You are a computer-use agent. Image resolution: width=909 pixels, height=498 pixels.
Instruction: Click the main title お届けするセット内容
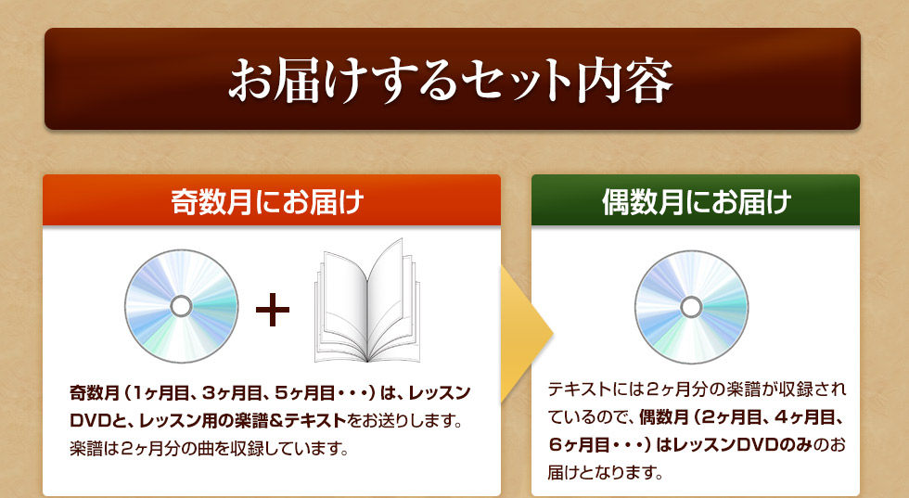coord(451,80)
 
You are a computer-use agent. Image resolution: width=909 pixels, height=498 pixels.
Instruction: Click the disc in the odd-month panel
coord(182,306)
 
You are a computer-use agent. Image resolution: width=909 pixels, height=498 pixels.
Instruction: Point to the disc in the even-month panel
coord(691,307)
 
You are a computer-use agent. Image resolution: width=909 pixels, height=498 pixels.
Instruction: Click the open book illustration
coord(367,300)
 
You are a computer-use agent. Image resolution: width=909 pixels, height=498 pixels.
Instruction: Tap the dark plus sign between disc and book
coord(273,310)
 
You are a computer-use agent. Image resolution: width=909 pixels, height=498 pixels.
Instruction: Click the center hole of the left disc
coord(182,306)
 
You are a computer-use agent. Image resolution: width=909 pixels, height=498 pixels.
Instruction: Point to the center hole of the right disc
coord(691,307)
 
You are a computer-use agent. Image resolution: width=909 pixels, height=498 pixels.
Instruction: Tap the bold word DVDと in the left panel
coord(91,420)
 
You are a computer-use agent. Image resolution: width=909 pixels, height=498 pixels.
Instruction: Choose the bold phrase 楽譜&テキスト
coord(289,420)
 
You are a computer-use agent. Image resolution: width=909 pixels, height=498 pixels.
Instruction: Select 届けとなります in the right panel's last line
coord(605,472)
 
